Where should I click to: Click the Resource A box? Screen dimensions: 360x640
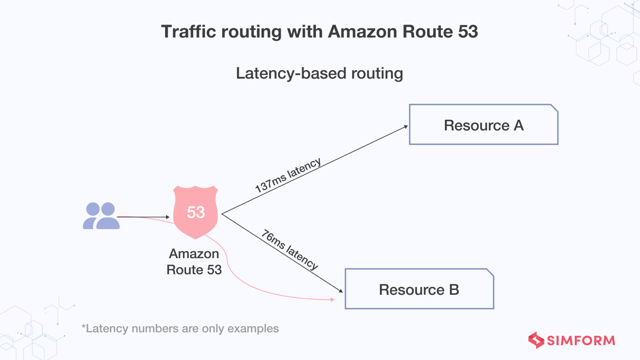pyautogui.click(x=483, y=125)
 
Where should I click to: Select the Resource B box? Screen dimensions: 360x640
pyautogui.click(x=419, y=289)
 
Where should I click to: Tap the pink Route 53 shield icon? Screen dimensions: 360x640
pyautogui.click(x=196, y=213)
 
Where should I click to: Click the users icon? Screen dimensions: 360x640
pyautogui.click(x=101, y=216)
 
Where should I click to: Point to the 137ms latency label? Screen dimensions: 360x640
pyautogui.click(x=288, y=175)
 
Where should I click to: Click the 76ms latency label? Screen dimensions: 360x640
pyautogui.click(x=290, y=250)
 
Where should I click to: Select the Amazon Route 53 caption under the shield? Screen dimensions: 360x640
pyautogui.click(x=194, y=262)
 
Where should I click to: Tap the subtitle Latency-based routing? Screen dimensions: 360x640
pyautogui.click(x=319, y=73)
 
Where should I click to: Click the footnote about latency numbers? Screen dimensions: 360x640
pyautogui.click(x=180, y=329)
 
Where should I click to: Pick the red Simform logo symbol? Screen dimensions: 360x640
pyautogui.click(x=536, y=340)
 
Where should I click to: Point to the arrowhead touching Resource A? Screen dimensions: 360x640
pyautogui.click(x=406, y=126)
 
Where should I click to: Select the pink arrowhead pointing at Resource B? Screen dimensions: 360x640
pyautogui.click(x=332, y=300)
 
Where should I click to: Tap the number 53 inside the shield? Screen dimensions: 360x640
pyautogui.click(x=196, y=212)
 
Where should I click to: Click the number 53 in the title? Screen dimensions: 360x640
pyautogui.click(x=466, y=31)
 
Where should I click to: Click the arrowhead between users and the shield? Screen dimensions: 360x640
pyautogui.click(x=168, y=217)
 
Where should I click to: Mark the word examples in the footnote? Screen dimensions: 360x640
pyautogui.click(x=253, y=329)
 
